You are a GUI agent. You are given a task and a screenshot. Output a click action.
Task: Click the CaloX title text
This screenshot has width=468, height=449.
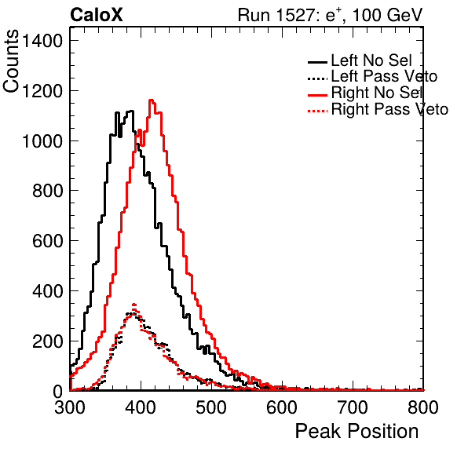tap(97, 15)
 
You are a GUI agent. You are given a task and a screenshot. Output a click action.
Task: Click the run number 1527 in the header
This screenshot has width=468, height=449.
tap(296, 15)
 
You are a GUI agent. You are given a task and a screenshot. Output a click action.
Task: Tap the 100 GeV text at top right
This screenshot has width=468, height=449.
tap(387, 15)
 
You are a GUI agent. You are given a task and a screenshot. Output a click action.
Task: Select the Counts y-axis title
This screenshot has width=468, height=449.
tap(11, 61)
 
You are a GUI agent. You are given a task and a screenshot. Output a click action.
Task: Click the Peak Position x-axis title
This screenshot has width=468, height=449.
tap(356, 432)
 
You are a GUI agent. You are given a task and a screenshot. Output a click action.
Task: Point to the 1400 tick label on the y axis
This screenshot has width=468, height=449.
tap(42, 41)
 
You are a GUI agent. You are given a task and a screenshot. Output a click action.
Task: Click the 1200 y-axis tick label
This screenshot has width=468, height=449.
tap(42, 91)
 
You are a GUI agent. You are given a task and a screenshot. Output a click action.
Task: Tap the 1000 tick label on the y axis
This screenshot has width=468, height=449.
tap(42, 141)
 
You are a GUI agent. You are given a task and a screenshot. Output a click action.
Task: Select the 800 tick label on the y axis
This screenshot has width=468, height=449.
tap(47, 191)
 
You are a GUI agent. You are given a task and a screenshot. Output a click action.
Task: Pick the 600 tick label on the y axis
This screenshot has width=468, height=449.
tap(47, 241)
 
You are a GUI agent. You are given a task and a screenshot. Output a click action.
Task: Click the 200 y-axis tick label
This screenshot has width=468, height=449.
tap(47, 341)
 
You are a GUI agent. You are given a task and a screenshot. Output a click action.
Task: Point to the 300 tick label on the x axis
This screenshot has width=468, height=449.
tap(70, 407)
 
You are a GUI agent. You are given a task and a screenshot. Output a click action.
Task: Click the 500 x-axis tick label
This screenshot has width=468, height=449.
tap(211, 407)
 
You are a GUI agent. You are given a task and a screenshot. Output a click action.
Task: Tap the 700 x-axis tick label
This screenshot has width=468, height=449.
tap(353, 407)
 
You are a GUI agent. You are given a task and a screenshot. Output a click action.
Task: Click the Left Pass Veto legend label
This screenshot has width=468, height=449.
tap(384, 76)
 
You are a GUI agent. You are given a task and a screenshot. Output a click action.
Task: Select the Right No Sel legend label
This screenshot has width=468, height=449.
tap(377, 93)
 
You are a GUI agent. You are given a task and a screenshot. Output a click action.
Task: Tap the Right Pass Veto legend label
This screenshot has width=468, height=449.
tap(389, 109)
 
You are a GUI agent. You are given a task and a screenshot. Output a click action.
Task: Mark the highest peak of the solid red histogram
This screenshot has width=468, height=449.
tap(152, 100)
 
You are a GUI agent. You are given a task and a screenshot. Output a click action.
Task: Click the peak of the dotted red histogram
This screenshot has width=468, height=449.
tap(134, 305)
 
